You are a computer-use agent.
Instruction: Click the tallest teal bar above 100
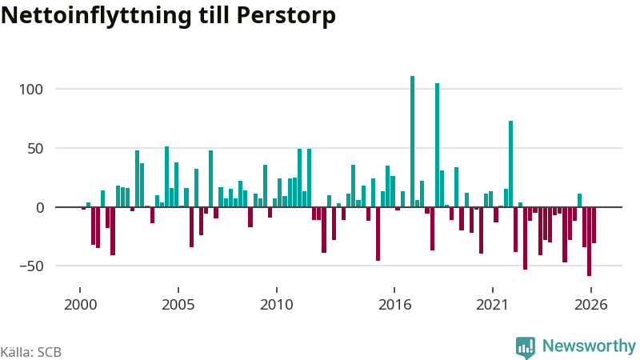(x=412, y=142)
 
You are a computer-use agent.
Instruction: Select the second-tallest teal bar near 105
(x=437, y=146)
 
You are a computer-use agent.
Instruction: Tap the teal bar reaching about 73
(x=510, y=164)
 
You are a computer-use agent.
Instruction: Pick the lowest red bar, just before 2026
(x=590, y=242)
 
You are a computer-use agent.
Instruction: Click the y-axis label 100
(x=30, y=90)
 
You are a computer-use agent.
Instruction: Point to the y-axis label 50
(x=35, y=149)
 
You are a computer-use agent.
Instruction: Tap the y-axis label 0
(x=39, y=208)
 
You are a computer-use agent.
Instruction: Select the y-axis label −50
(x=32, y=266)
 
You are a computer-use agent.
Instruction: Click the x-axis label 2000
(x=81, y=305)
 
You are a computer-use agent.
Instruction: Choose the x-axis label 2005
(x=178, y=305)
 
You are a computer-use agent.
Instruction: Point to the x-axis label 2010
(x=277, y=305)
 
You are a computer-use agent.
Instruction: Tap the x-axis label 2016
(x=394, y=305)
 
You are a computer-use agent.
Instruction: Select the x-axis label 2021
(x=493, y=305)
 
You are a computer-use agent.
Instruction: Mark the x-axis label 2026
(x=591, y=305)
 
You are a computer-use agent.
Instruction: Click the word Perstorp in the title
(x=286, y=16)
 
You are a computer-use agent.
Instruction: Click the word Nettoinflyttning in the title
(x=96, y=16)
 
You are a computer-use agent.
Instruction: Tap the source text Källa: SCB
(x=31, y=352)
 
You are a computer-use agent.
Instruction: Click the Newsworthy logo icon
(x=526, y=347)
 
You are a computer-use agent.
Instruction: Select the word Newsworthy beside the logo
(x=589, y=346)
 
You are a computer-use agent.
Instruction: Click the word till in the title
(x=214, y=15)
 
